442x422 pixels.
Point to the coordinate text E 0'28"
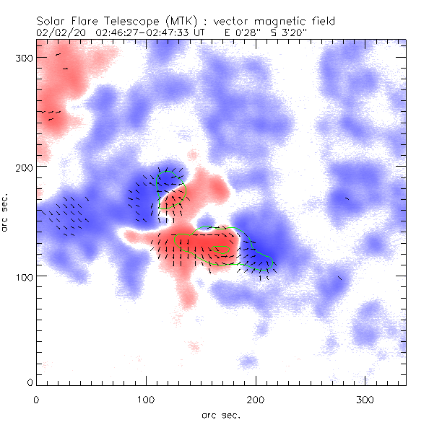point(242,33)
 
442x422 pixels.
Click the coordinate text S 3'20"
point(289,33)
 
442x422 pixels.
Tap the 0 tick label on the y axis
point(30,382)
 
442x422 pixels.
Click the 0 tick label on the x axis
point(36,399)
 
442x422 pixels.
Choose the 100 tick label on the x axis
point(146,399)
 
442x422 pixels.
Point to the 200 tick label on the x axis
point(256,399)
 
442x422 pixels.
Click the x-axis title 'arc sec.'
point(221,415)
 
